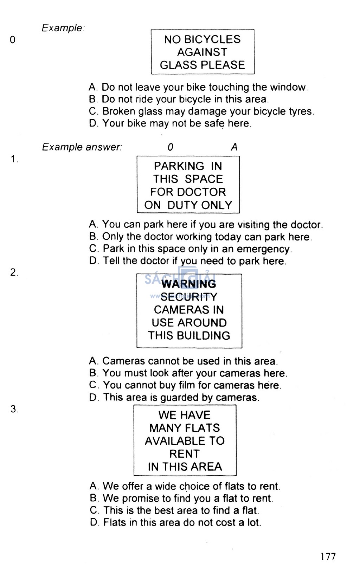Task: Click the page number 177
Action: (x=328, y=557)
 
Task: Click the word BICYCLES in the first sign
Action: (x=212, y=39)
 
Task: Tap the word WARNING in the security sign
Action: (x=189, y=284)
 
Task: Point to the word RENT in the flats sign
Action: (x=185, y=454)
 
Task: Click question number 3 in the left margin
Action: (x=14, y=409)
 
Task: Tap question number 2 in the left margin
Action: (x=14, y=272)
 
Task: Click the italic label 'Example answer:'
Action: (x=82, y=147)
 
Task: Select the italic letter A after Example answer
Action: (x=234, y=147)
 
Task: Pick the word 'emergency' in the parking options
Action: (x=264, y=249)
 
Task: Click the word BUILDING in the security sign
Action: (x=203, y=335)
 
